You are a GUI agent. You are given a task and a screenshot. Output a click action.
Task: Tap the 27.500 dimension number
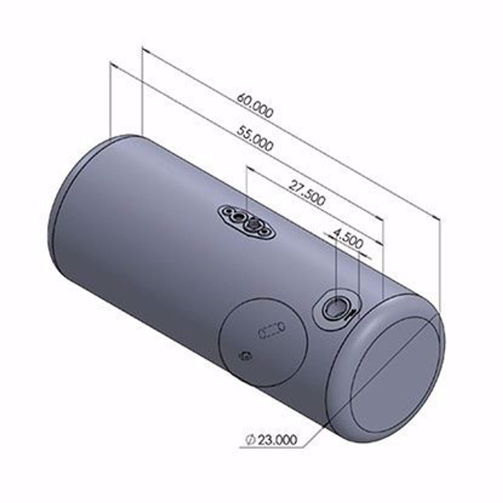(x=307, y=193)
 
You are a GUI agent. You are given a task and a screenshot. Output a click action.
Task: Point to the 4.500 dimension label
(x=348, y=239)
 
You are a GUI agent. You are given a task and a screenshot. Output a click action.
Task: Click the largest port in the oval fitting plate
(x=253, y=223)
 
